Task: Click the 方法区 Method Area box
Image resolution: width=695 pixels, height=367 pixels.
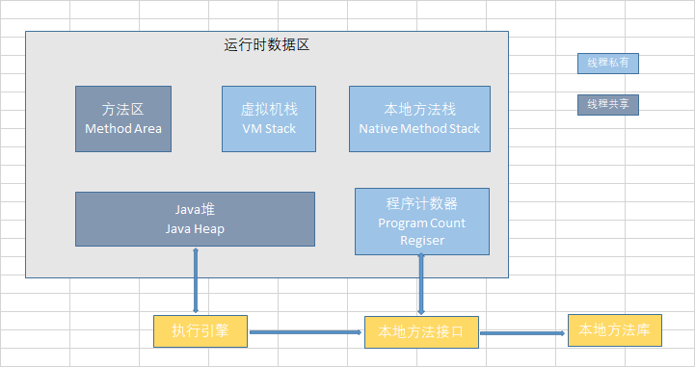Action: point(122,118)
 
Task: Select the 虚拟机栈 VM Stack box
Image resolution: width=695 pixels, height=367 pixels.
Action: point(268,118)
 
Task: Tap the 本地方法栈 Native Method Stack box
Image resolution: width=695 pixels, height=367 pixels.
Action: point(419,118)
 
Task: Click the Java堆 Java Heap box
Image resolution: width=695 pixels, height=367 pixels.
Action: point(195,219)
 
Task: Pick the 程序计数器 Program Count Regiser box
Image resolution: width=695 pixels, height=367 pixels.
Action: point(421,221)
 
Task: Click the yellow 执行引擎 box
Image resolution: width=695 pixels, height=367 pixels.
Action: point(200,331)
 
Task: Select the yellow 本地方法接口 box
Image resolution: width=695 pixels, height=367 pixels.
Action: point(421,332)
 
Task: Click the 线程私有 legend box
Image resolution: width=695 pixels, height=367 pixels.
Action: point(607,64)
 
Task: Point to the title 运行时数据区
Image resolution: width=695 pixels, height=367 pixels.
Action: point(266,44)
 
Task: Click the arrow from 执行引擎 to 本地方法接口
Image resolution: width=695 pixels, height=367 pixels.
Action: point(306,333)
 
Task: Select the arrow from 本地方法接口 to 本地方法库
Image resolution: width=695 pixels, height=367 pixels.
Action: point(522,333)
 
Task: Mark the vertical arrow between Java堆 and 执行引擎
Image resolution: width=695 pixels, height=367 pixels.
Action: point(197,280)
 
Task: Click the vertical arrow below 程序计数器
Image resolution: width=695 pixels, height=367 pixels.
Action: point(421,285)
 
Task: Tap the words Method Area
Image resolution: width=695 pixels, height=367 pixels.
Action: point(123,128)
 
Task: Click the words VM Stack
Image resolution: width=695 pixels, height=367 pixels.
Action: point(268,128)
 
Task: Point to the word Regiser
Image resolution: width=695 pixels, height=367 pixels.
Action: point(420,240)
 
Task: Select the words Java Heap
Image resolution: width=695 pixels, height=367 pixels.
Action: point(195,229)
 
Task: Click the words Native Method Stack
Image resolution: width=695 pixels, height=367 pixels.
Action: point(419,128)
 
